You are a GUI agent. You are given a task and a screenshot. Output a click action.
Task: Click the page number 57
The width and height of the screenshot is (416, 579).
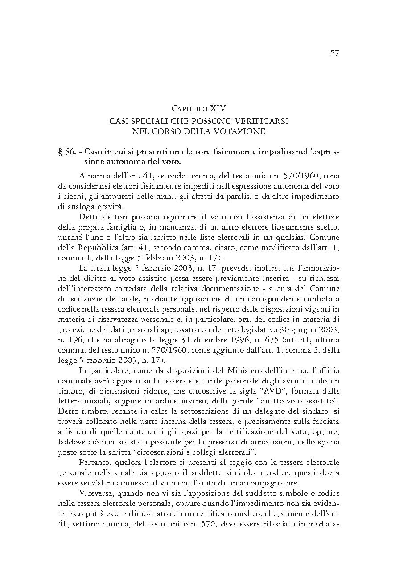pyautogui.click(x=335, y=53)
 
